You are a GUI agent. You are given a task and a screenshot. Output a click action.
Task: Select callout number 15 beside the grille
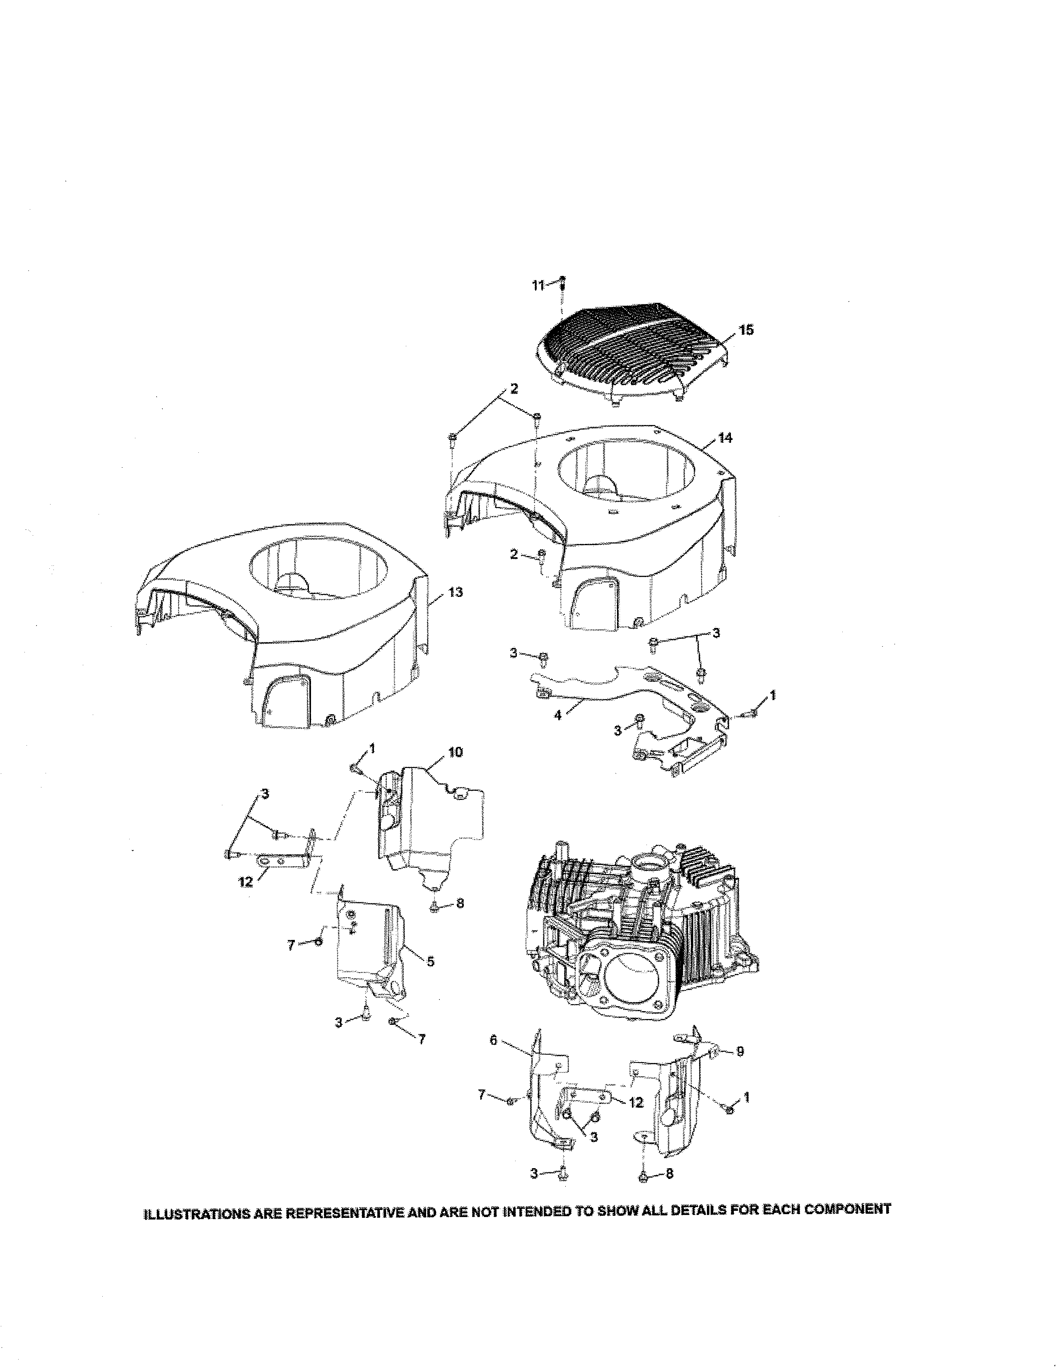[746, 330]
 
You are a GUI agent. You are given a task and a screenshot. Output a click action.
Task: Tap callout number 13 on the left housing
[456, 592]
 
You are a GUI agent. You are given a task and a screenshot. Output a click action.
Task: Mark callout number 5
[430, 961]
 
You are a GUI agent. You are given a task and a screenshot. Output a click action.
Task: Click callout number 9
[740, 1052]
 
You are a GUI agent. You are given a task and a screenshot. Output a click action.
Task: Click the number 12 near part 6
[636, 1103]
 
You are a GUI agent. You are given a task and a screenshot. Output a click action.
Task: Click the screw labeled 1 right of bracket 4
[752, 713]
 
